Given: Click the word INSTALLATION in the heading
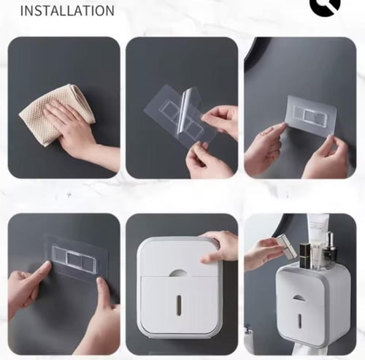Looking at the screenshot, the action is coord(67,11).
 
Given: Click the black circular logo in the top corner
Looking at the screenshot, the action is coord(325,7).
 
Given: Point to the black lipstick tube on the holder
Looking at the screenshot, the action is coord(304,256).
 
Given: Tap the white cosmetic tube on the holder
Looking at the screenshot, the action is coord(315,241).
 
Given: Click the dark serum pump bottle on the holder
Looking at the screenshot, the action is coord(330,250).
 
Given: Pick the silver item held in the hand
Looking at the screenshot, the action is coord(286,246).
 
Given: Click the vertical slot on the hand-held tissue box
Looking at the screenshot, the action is coord(179,304).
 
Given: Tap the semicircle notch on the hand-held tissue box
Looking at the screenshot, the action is coord(178,273).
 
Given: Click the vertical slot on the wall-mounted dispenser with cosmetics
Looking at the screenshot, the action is coord(299,322).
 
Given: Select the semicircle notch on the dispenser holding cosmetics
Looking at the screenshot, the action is coord(299,298).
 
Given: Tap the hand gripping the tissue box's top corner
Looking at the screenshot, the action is coord(218,246).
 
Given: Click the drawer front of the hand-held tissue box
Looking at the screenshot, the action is coord(179,305).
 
